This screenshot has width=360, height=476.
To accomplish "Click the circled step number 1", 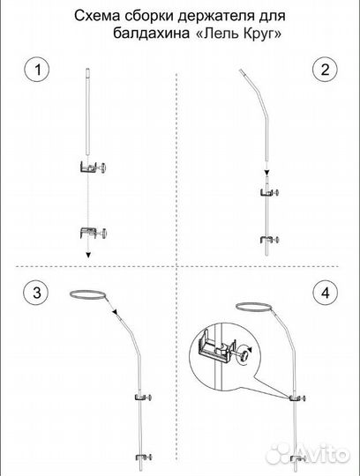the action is click(x=37, y=70).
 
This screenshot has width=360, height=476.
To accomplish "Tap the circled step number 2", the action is click(x=325, y=70).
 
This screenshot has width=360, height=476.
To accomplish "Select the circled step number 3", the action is click(x=36, y=293).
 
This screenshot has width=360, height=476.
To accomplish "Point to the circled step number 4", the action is click(x=325, y=293).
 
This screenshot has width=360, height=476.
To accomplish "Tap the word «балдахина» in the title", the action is click(x=151, y=33).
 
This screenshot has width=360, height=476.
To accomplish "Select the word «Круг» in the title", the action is click(x=261, y=33).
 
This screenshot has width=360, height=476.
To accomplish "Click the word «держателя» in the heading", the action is click(x=217, y=17).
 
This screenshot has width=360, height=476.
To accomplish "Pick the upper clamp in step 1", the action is click(x=93, y=167).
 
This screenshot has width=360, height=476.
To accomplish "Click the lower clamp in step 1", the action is click(x=93, y=233).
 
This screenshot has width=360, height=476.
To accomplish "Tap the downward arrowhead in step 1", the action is click(x=88, y=255).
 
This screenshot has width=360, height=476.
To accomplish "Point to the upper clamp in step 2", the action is click(x=270, y=192).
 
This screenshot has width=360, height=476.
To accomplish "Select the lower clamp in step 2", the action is click(x=270, y=240).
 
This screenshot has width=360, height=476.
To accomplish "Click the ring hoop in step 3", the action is click(x=88, y=291).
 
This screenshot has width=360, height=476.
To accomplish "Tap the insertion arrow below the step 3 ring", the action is click(x=113, y=309).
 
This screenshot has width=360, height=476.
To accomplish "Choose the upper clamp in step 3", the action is click(x=144, y=397).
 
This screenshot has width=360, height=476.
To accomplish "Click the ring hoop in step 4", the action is click(x=254, y=303).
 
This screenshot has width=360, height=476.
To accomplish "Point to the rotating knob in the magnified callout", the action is click(x=245, y=353).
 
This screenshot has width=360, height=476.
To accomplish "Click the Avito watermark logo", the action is click(x=308, y=455).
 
